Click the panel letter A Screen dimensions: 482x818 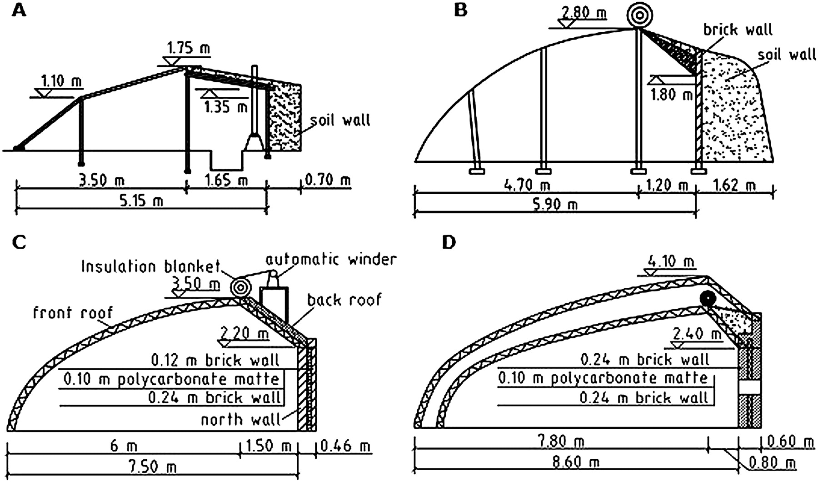[x=19, y=10]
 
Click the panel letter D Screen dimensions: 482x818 [x=449, y=243]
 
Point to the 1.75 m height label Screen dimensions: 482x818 [x=189, y=48]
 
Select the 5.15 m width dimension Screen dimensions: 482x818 [x=142, y=200]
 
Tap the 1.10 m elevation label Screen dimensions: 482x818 [x=62, y=82]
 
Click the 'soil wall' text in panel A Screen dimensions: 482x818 [x=340, y=120]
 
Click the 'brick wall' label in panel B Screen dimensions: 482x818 [x=738, y=30]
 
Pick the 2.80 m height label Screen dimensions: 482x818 [x=584, y=13]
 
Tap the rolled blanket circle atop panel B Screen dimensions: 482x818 [x=639, y=15]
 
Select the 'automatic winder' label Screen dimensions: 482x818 [x=331, y=260]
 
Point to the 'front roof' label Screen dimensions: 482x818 [x=73, y=313]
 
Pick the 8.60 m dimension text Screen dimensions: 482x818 [x=574, y=462]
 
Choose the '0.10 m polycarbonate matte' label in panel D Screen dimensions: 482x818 [x=603, y=378]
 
